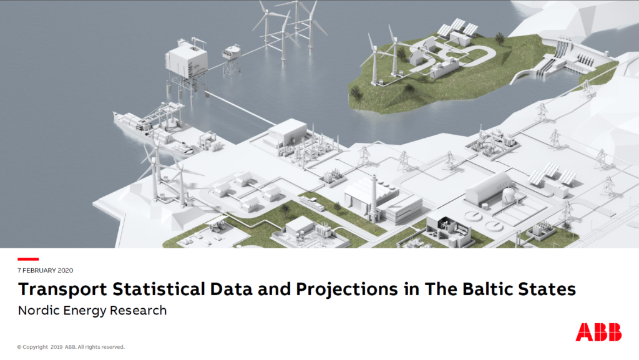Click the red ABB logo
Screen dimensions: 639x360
coord(598,332)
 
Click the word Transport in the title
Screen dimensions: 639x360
coord(63,289)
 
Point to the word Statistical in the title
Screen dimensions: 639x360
coord(159,289)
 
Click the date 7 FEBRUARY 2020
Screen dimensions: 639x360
coord(45,270)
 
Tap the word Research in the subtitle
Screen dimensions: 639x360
coord(138,310)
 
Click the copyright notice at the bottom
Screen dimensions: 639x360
coord(71,347)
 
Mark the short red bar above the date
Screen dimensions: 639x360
coord(28,259)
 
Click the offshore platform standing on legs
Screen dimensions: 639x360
coord(186,67)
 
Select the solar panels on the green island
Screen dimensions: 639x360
coord(457,27)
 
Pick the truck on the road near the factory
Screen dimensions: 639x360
coord(312,202)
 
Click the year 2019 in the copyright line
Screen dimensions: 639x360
coord(57,347)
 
